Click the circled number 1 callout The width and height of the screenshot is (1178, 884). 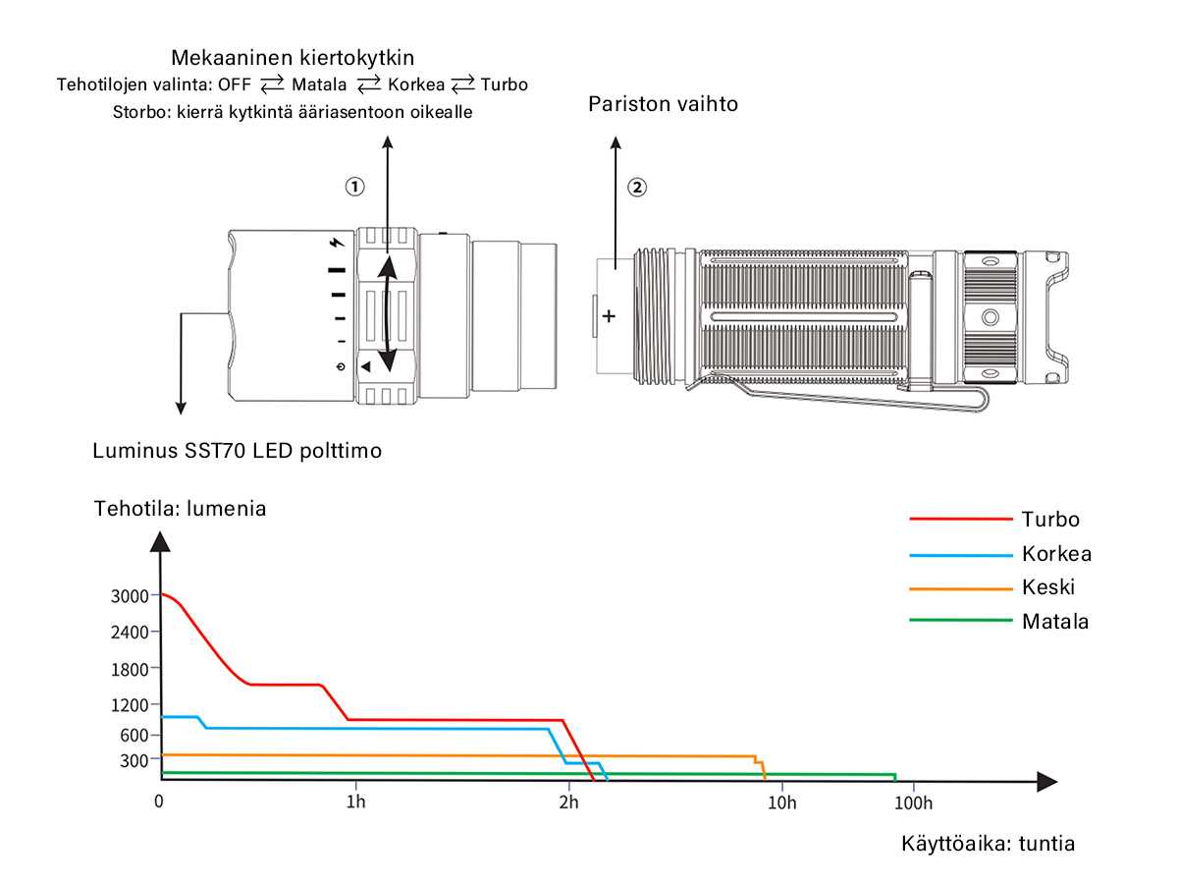tap(354, 187)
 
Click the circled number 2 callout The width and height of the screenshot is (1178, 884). tap(636, 188)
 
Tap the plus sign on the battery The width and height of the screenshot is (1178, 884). tap(608, 316)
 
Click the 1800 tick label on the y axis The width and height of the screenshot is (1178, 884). tap(130, 669)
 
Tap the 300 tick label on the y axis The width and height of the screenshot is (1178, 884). tap(134, 760)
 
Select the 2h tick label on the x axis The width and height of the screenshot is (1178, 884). tap(568, 802)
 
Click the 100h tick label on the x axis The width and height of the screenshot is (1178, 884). tap(913, 802)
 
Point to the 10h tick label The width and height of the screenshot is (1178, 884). tap(781, 802)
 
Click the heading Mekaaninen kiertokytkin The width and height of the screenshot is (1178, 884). tap(293, 57)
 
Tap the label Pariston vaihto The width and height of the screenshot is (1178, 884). tap(663, 103)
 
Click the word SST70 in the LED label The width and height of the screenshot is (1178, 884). tap(215, 450)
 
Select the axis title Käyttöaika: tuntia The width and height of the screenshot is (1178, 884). tap(988, 843)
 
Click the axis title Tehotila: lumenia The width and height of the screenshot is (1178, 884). tap(180, 508)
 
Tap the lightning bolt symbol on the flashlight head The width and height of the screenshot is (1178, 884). tap(337, 244)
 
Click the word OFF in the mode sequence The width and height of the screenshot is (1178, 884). tap(234, 84)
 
